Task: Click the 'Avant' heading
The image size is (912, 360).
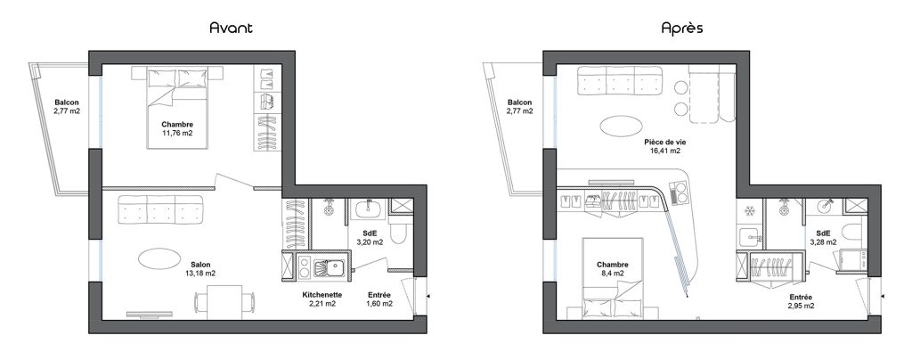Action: [x=231, y=28]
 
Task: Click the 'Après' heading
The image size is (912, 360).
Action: [x=681, y=28]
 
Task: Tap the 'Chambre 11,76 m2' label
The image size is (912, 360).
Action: [x=177, y=128]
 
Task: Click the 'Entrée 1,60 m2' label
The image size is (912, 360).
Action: [x=379, y=299]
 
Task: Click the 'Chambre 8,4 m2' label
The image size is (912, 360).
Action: [x=612, y=269]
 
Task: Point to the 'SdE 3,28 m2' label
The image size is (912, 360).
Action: [x=823, y=238]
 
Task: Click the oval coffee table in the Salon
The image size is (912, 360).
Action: [x=159, y=258]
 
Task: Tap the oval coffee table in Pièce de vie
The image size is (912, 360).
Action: [x=622, y=126]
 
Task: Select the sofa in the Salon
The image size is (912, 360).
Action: [x=161, y=210]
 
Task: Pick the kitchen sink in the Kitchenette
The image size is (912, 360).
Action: [x=330, y=268]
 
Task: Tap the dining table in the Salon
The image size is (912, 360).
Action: [x=224, y=302]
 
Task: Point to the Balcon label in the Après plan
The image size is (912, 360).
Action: [x=519, y=106]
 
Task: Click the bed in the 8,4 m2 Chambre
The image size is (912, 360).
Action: [x=612, y=278]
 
